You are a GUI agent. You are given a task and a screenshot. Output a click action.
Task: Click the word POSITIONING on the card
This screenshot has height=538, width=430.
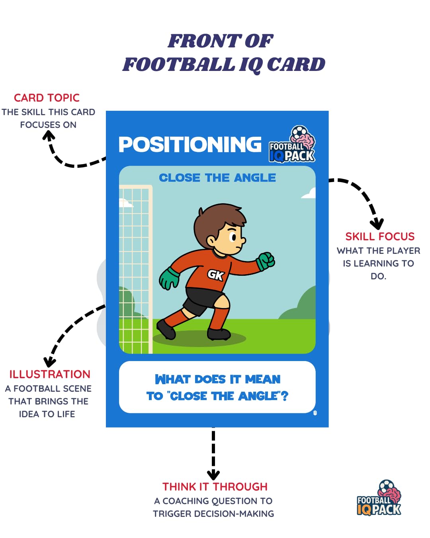click(190, 145)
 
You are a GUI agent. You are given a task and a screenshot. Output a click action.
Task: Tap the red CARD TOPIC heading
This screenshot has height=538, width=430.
click(47, 98)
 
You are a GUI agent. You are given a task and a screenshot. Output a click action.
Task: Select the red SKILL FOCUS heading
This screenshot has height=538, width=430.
click(380, 236)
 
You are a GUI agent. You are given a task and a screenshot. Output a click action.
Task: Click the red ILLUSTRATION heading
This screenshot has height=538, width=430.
click(50, 374)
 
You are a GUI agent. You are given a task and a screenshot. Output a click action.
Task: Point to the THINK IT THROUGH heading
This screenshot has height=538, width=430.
click(215, 487)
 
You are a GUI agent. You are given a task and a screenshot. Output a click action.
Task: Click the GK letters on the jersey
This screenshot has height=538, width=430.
click(216, 275)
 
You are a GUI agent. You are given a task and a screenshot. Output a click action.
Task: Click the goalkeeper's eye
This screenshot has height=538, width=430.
click(233, 237)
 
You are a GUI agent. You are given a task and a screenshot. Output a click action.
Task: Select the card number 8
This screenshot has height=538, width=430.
click(315, 413)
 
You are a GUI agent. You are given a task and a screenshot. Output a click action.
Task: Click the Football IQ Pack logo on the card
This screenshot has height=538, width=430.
click(292, 144)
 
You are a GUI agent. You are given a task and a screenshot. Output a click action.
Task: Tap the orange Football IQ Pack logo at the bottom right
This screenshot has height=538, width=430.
click(379, 498)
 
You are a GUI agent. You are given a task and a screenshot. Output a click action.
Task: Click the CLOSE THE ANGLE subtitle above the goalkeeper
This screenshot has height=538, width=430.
click(217, 178)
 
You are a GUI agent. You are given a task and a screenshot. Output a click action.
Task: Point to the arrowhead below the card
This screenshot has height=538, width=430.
click(213, 475)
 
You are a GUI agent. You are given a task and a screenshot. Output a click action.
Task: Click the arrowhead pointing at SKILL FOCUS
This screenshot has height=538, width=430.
click(377, 224)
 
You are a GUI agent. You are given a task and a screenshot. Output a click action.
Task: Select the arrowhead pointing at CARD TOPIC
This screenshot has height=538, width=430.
click(49, 135)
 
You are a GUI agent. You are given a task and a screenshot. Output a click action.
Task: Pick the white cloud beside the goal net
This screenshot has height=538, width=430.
click(126, 203)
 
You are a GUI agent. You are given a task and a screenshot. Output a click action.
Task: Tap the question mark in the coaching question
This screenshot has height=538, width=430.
click(285, 396)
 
